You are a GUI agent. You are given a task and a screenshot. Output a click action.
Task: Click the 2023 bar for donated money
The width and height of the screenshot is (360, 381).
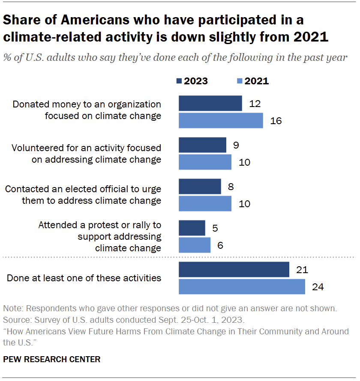click(x=210, y=104)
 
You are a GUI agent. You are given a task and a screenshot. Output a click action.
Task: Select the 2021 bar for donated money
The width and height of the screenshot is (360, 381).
click(x=221, y=120)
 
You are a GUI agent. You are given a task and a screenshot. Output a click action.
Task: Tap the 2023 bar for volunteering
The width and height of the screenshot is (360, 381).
click(x=202, y=146)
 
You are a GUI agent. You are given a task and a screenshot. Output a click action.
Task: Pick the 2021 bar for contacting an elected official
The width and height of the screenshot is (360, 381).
click(x=205, y=203)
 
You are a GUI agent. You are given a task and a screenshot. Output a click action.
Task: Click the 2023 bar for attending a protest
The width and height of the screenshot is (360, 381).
click(x=192, y=228)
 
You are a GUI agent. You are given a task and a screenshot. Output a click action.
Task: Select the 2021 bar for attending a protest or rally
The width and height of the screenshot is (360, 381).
click(x=195, y=245)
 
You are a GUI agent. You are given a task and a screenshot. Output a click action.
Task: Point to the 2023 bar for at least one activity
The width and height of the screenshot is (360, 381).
click(x=234, y=270)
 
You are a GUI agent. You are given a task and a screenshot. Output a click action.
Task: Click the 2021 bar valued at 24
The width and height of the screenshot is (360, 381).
click(x=242, y=286)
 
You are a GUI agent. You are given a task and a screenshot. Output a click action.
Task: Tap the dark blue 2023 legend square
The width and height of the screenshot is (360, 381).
click(x=179, y=81)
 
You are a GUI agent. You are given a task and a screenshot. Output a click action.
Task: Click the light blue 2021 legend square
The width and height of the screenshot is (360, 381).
click(x=240, y=81)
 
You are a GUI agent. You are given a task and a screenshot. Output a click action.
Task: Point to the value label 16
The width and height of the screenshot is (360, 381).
click(x=276, y=121)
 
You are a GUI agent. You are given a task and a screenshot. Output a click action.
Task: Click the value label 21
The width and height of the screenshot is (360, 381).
click(x=303, y=270)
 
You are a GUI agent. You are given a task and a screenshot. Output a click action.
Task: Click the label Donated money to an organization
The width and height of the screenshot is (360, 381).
click(x=87, y=104)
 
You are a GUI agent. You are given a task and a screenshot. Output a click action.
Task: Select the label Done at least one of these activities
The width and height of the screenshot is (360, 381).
click(x=84, y=278)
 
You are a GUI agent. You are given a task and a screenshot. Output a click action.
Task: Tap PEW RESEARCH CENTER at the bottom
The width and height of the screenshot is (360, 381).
click(x=52, y=360)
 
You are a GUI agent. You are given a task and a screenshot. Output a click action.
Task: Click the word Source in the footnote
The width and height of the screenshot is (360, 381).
click(x=14, y=319)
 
